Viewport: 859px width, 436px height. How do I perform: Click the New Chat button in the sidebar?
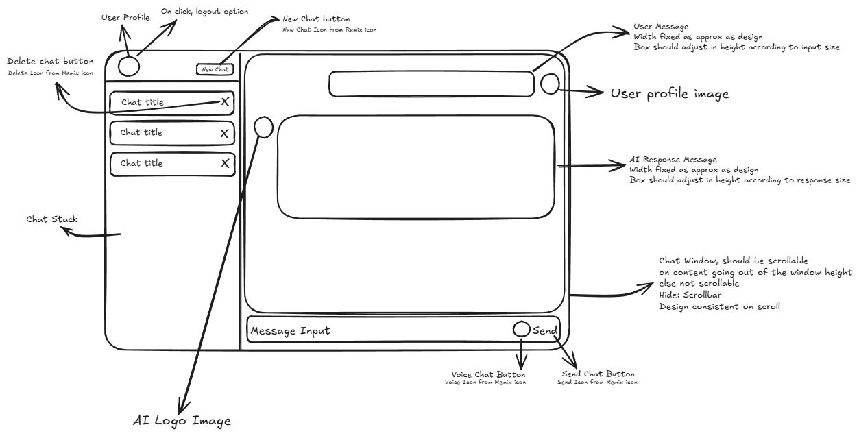pyautogui.click(x=215, y=69)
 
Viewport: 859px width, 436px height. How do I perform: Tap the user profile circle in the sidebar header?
pyautogui.click(x=129, y=65)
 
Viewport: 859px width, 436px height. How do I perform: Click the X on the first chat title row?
pyautogui.click(x=224, y=101)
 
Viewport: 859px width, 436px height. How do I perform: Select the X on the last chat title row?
pyautogui.click(x=225, y=163)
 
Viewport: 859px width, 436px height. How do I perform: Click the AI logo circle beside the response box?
pyautogui.click(x=264, y=127)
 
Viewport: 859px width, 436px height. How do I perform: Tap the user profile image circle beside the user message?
pyautogui.click(x=551, y=84)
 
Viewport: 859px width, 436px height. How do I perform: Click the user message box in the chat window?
pyautogui.click(x=431, y=84)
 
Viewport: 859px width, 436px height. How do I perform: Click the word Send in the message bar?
pyautogui.click(x=545, y=331)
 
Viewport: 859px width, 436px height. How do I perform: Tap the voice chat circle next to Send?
pyautogui.click(x=521, y=330)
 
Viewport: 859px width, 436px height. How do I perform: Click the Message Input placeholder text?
pyautogui.click(x=290, y=331)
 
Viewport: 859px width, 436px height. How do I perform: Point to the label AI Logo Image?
pyautogui.click(x=182, y=421)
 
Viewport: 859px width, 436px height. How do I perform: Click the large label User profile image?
pyautogui.click(x=670, y=94)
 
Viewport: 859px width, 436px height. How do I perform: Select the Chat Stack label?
pyautogui.click(x=52, y=219)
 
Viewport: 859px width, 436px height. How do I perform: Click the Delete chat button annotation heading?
pyautogui.click(x=50, y=62)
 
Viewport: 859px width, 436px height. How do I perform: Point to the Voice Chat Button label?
pyautogui.click(x=488, y=375)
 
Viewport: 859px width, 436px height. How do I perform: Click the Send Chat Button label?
pyautogui.click(x=598, y=374)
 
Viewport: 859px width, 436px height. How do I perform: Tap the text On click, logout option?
pyautogui.click(x=205, y=12)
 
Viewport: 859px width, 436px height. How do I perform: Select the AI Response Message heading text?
pyautogui.click(x=673, y=159)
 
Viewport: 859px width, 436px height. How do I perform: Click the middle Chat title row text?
pyautogui.click(x=141, y=132)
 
